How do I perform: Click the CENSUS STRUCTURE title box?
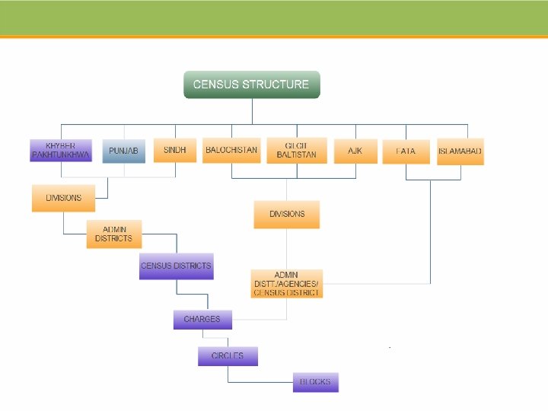[252, 84]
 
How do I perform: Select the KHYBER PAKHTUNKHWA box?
[61, 150]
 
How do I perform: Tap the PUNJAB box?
[123, 151]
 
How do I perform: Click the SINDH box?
[175, 150]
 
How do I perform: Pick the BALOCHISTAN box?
[231, 150]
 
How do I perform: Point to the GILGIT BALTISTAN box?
[297, 150]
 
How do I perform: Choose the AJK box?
[355, 151]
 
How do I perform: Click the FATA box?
[406, 151]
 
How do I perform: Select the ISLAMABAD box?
[460, 151]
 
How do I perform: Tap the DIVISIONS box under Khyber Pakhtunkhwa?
[63, 198]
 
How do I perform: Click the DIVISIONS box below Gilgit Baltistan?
[287, 214]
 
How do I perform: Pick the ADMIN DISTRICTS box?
[113, 234]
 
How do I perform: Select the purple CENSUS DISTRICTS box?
[176, 266]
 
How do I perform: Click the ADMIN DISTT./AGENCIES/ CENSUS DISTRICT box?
[287, 283]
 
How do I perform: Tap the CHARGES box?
[202, 320]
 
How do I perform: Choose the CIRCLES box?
[228, 356]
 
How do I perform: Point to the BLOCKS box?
[315, 381]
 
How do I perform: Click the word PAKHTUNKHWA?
[61, 155]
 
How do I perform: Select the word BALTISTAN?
[297, 155]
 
